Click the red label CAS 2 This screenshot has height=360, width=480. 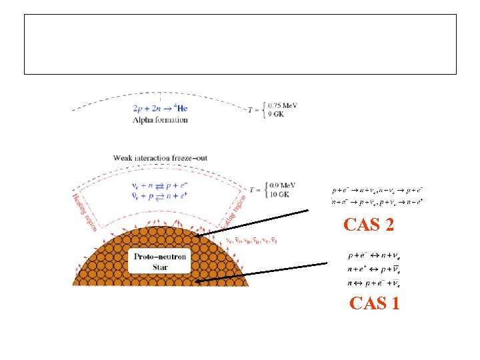369,225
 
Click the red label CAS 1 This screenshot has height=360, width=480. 375,304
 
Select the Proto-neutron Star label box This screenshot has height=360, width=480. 160,261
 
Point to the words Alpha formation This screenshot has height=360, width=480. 160,120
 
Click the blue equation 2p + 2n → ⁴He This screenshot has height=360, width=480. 163,107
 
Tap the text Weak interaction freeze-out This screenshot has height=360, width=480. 160,158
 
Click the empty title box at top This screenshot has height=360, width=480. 240,44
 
